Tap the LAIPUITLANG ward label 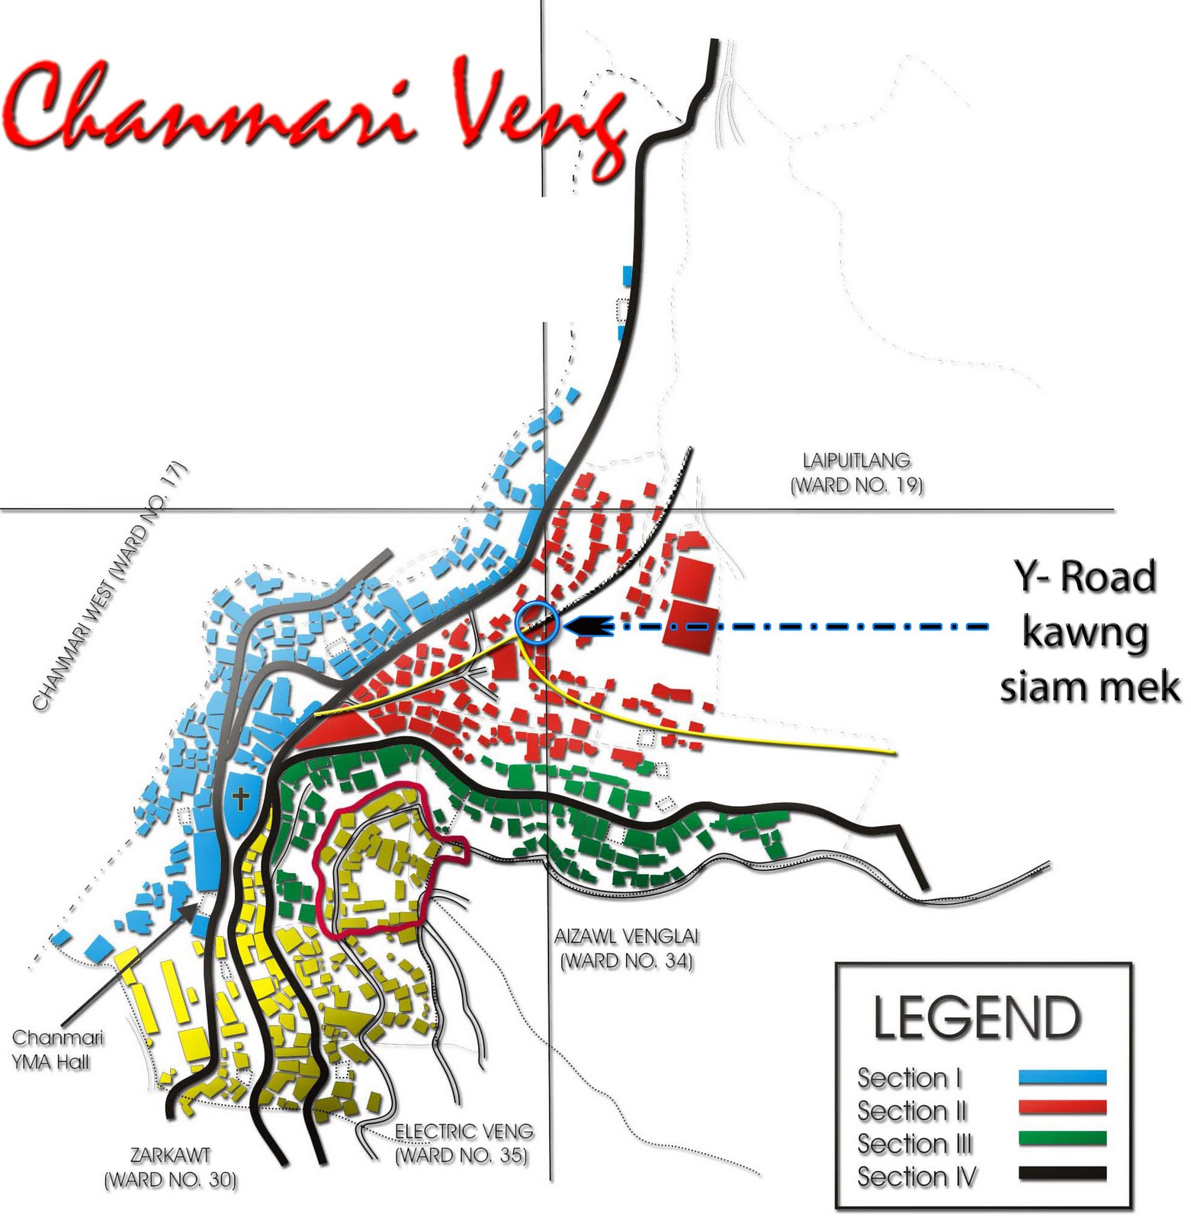click(856, 473)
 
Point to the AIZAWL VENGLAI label click(626, 948)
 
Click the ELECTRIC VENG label click(463, 1143)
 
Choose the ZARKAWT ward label click(170, 1167)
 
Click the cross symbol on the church click(241, 800)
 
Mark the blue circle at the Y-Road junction click(538, 623)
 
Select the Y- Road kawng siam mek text click(1087, 631)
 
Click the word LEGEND click(977, 1018)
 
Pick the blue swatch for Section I click(1062, 1077)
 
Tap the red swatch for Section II click(1062, 1108)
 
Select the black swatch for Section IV click(1062, 1173)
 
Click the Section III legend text click(914, 1144)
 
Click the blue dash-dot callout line click(801, 627)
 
